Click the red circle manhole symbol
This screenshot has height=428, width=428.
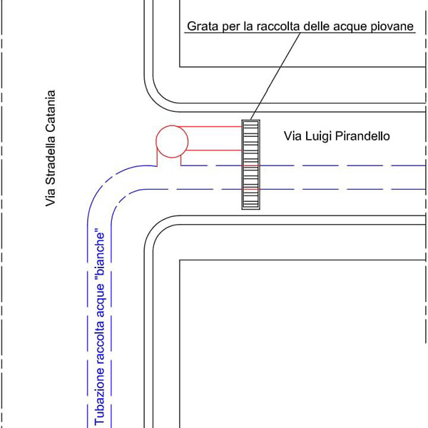[x=156, y=141]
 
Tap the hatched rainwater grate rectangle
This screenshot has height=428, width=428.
[x=250, y=165]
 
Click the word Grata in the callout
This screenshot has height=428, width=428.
[x=199, y=26]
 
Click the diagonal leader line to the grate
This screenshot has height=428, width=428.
[x=275, y=76]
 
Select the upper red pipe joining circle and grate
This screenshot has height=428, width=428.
[x=210, y=127]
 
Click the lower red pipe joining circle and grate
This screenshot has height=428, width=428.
[x=214, y=151]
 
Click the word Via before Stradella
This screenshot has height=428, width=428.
[x=50, y=199]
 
